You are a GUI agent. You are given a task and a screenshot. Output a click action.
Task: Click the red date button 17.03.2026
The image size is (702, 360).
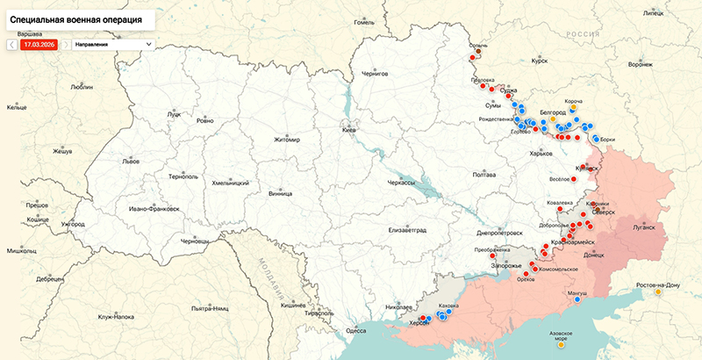(39, 43)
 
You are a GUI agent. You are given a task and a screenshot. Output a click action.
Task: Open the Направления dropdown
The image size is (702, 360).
(112, 43)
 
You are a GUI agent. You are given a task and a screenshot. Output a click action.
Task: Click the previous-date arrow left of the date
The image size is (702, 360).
(11, 43)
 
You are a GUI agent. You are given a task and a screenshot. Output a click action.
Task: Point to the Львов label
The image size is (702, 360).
(131, 162)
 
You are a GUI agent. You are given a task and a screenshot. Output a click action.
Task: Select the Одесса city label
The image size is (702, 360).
(355, 330)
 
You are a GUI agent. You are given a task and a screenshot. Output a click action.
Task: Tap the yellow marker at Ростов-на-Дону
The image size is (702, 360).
(657, 292)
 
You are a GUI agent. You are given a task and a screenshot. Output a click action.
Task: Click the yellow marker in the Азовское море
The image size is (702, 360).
(560, 344)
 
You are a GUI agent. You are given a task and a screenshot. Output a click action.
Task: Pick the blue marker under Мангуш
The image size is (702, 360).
(577, 299)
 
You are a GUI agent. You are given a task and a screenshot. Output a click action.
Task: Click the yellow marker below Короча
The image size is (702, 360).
(577, 109)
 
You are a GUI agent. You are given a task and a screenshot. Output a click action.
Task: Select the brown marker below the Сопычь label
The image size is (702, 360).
(478, 52)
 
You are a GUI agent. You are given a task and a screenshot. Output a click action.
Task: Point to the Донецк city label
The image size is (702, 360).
(594, 255)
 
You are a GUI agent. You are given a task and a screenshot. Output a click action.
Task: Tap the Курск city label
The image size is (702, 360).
(539, 61)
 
